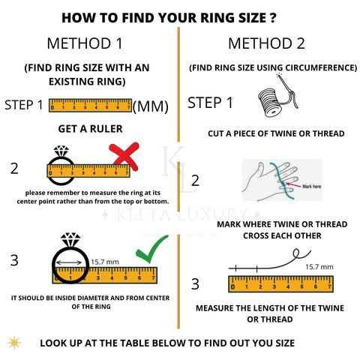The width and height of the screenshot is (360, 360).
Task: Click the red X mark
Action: click(124, 156)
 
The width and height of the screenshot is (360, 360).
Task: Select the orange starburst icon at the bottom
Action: click(14, 343)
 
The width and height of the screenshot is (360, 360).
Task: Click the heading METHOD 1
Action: click(85, 43)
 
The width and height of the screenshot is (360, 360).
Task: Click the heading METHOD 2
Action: click(266, 43)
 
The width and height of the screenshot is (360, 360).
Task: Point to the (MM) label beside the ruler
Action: click(151, 106)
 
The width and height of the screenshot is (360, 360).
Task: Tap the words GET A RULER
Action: click(90, 129)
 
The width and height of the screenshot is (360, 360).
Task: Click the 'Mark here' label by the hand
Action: click(311, 186)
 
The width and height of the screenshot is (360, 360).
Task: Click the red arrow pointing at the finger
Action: click(293, 184)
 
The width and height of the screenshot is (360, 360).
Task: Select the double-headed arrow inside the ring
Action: click(69, 262)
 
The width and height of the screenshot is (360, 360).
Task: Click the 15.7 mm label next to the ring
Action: click(105, 262)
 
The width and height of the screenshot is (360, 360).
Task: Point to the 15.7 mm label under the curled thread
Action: click(319, 267)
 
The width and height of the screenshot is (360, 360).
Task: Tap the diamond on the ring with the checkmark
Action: click(70, 240)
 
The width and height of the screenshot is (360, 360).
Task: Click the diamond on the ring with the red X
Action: click(61, 151)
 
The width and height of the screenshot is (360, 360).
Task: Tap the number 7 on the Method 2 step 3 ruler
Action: click(329, 286)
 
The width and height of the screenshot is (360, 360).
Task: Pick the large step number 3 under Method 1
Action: click(14, 260)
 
